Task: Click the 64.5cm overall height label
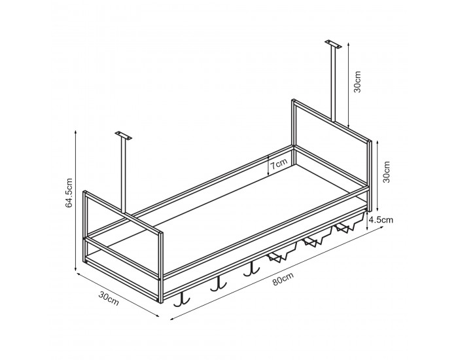[x=69, y=194]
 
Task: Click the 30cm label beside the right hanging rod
[x=358, y=83]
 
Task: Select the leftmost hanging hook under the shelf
[x=182, y=299]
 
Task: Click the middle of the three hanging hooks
[x=217, y=284]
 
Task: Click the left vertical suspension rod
[x=123, y=173]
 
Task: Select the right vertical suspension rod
[x=334, y=85]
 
